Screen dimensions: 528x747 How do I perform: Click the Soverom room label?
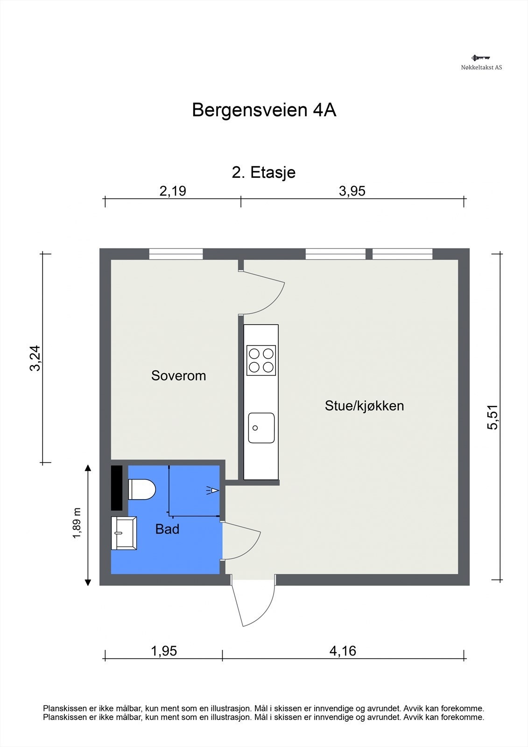[178, 376]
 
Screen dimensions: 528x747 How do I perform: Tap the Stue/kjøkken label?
[364, 406]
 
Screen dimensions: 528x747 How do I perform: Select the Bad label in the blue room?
[167, 529]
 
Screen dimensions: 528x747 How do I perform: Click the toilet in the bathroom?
[142, 489]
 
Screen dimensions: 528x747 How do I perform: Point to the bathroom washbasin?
[124, 533]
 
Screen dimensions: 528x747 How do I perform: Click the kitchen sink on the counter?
[261, 428]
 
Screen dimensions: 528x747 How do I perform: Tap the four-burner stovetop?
[261, 360]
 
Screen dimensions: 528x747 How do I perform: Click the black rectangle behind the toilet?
[116, 488]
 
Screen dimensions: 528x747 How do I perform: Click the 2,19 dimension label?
[172, 191]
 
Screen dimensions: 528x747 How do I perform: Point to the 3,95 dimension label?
[352, 191]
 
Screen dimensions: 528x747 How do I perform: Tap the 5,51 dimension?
[493, 417]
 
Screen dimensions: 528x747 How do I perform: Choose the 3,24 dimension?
[35, 358]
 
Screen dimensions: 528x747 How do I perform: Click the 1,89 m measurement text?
[77, 523]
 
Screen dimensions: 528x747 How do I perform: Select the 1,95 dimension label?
[164, 651]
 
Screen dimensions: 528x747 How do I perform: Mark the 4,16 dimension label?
[343, 651]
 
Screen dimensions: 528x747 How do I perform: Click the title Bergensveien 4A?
[264, 110]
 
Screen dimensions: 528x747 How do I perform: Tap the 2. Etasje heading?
[263, 173]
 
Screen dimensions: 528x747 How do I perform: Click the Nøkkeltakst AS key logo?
[481, 58]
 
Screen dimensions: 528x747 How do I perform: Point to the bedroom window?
[176, 254]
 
